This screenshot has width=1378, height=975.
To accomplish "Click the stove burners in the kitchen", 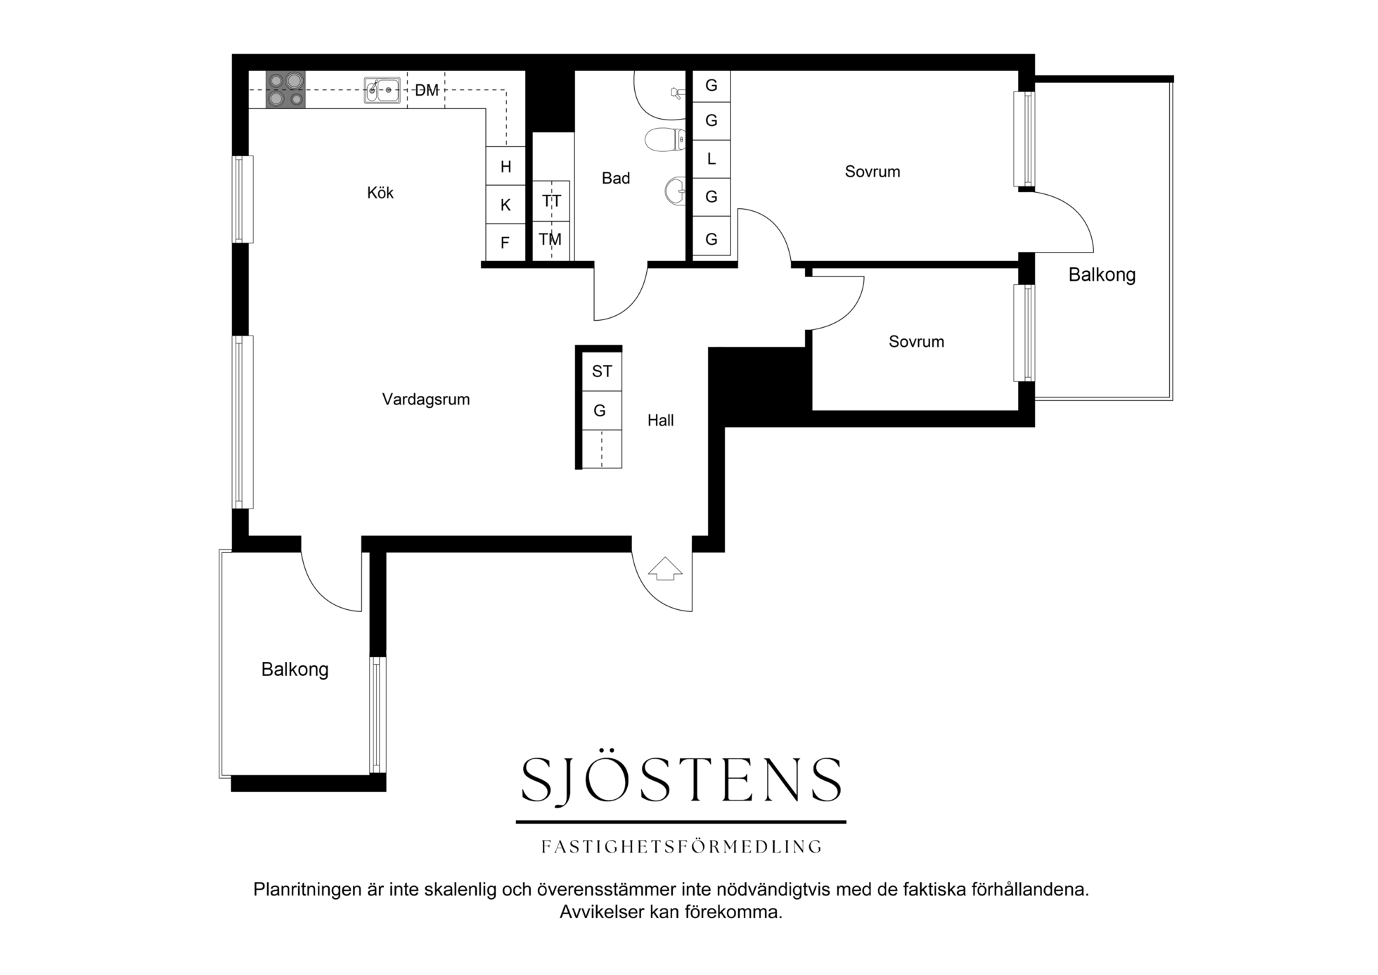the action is [x=285, y=90].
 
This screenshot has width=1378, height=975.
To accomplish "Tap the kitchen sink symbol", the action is [x=382, y=91].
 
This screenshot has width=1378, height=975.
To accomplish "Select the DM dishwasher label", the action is [x=427, y=91].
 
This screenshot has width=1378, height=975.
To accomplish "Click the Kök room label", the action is [x=380, y=193].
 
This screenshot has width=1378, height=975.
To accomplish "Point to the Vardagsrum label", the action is [x=426, y=400].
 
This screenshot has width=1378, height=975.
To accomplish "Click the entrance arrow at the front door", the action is [x=665, y=568].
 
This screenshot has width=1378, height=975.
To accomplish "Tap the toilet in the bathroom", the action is [x=665, y=139].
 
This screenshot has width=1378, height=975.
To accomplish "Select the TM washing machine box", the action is [x=550, y=240].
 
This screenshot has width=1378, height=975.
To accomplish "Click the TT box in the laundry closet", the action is [x=551, y=201].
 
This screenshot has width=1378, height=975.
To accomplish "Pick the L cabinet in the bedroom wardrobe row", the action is [x=711, y=159].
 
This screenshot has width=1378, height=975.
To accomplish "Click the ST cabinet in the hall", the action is [x=602, y=371].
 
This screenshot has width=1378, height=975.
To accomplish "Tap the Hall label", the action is [x=661, y=421].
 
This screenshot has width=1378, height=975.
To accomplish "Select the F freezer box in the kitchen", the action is [x=506, y=243].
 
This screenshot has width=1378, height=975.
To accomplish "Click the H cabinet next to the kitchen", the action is [x=506, y=167].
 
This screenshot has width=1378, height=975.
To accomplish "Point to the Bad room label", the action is [x=616, y=179].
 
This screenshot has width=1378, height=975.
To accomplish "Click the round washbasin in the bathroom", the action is [x=675, y=191].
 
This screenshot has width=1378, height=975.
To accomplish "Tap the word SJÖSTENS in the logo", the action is [x=681, y=780].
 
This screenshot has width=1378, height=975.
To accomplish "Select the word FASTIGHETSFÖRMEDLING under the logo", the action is [x=681, y=847].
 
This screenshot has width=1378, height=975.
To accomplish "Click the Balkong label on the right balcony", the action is [x=1102, y=275].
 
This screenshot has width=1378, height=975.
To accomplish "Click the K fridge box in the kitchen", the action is [x=506, y=205].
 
